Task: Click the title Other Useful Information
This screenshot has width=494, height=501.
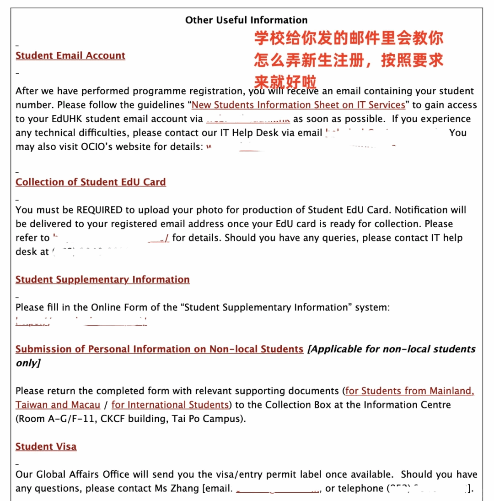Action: click(x=246, y=20)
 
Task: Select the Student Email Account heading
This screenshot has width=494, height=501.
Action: click(x=70, y=56)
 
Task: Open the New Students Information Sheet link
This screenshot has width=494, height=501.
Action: click(x=298, y=105)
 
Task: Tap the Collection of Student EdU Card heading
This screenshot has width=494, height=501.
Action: click(x=91, y=182)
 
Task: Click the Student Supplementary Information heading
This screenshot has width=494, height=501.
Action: click(x=102, y=280)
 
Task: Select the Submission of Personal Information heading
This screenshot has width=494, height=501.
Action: click(x=159, y=349)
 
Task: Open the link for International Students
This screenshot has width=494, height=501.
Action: click(x=170, y=405)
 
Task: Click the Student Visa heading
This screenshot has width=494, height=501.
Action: click(x=46, y=447)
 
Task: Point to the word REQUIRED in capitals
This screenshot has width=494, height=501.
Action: click(x=99, y=210)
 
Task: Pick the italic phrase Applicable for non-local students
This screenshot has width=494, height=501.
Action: click(x=391, y=349)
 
